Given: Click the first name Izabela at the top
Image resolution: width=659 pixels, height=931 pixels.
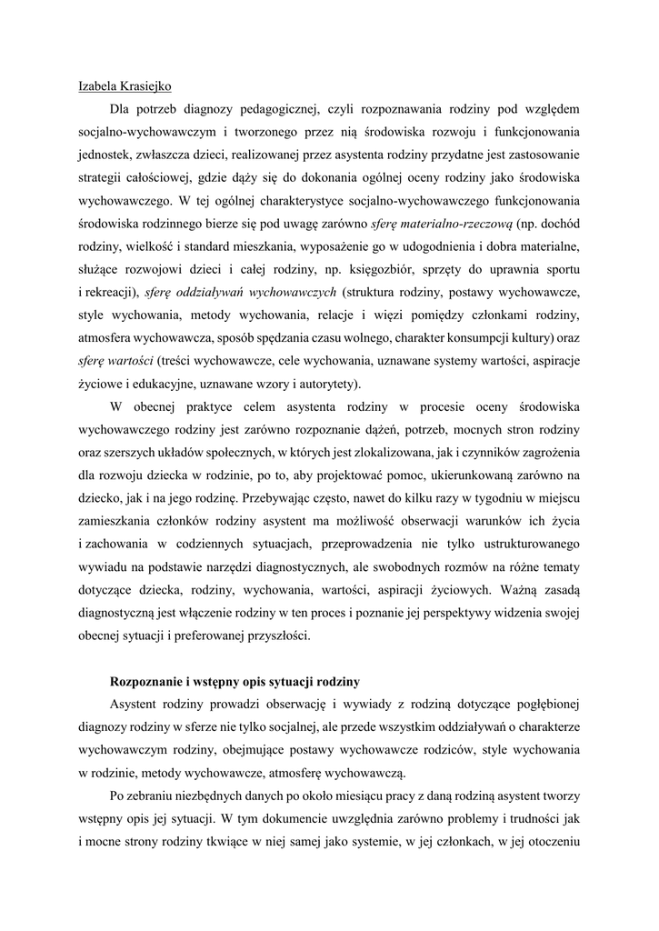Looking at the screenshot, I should point(99,86).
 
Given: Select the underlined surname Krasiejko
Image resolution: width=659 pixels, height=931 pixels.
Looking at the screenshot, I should point(147,86).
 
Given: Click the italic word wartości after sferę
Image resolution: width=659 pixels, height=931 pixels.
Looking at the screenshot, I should point(130,360).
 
